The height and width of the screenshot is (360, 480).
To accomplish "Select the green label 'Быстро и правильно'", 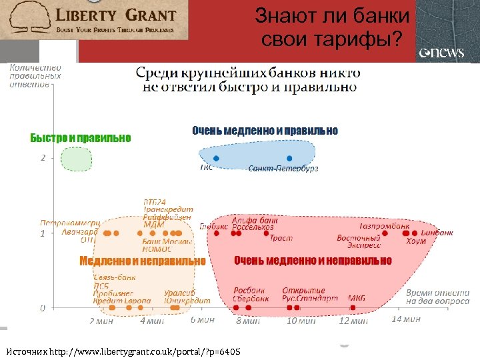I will click(x=81, y=138).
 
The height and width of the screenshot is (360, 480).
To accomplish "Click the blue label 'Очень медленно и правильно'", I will click(x=265, y=131).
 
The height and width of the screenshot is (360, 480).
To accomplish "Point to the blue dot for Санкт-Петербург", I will click(x=289, y=159).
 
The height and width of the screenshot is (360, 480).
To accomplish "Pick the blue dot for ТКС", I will click(x=215, y=159).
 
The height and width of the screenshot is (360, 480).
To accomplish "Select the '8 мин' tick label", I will click(x=248, y=321).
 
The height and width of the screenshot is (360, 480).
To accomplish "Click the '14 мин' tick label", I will click(x=405, y=319).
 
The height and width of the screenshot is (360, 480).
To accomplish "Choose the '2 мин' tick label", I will click(x=101, y=321).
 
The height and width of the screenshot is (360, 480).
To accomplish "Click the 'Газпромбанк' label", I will click(x=384, y=225).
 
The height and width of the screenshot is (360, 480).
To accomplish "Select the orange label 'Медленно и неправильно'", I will click(x=142, y=261).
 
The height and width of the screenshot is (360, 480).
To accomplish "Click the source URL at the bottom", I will click(x=123, y=351).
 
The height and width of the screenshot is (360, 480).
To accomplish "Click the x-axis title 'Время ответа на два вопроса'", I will click(x=437, y=297).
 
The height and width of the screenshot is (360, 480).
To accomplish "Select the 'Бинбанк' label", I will click(x=437, y=233).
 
